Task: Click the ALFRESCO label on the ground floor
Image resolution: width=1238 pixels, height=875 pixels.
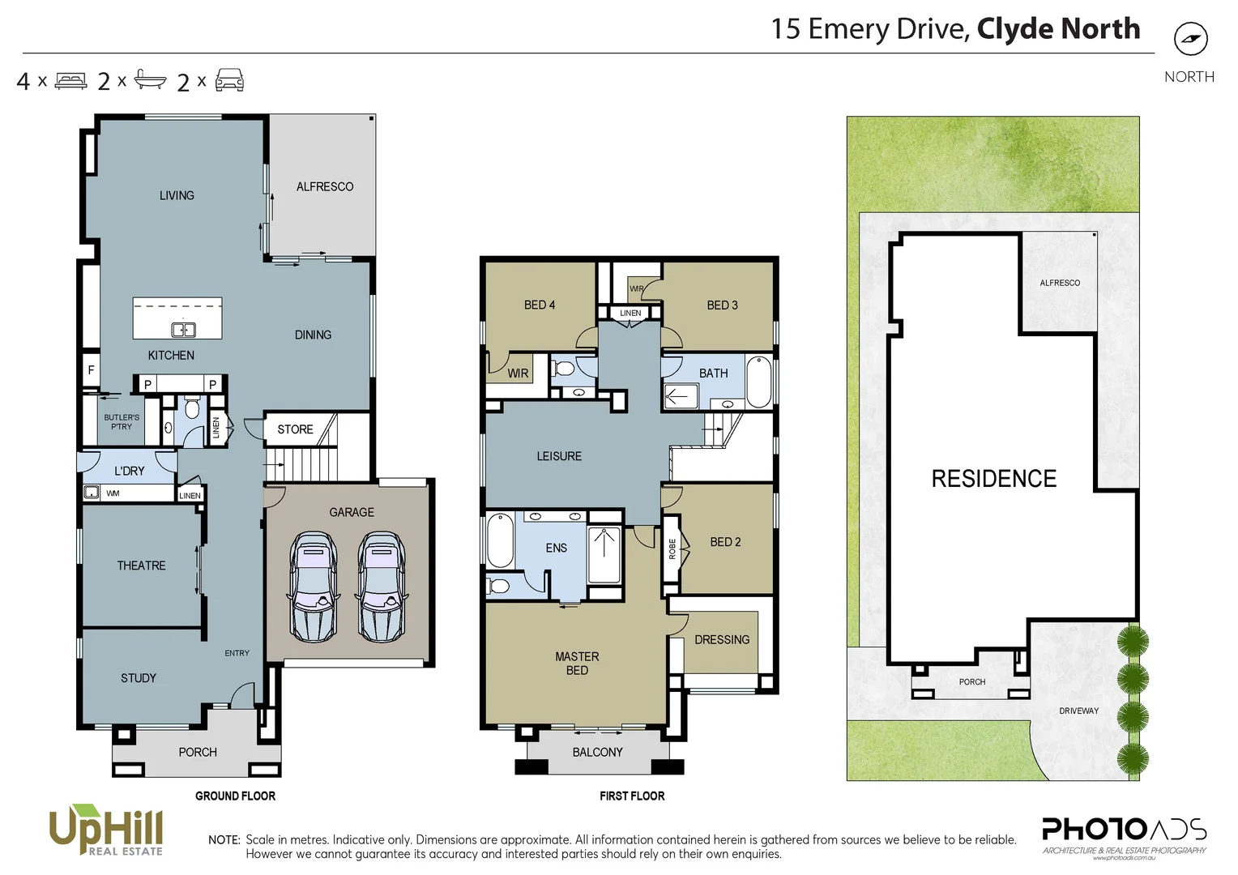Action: tap(324, 186)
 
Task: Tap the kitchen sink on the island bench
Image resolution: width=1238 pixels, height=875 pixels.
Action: tap(183, 329)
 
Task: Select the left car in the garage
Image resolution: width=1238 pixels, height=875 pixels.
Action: tap(313, 587)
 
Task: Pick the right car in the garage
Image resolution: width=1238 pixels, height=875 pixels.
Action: tap(382, 587)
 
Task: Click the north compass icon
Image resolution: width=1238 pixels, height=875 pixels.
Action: tap(1190, 39)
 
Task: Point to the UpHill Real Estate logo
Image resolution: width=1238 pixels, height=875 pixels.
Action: tap(106, 830)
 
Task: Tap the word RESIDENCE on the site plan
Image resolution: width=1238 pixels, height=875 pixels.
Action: tap(993, 479)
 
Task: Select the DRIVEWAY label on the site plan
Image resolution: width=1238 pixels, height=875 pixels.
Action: tap(1078, 711)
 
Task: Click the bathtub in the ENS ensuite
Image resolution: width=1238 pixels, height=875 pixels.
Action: tap(499, 541)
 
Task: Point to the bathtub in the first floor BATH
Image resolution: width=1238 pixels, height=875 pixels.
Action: tap(758, 382)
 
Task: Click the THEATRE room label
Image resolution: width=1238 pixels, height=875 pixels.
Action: tap(141, 566)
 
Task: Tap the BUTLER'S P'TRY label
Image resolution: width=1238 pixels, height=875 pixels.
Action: tap(122, 422)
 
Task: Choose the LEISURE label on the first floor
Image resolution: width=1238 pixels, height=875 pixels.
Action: tap(559, 456)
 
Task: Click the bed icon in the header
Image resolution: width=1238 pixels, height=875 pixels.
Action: tap(70, 81)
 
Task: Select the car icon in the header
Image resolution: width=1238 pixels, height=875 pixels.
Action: tap(229, 80)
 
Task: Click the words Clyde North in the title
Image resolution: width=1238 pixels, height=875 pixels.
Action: tap(1058, 29)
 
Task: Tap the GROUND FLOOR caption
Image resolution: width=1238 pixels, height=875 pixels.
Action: tap(235, 796)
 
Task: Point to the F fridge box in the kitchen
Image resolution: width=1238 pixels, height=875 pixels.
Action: tap(91, 370)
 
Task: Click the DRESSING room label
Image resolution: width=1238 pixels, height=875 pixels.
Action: tap(721, 639)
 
